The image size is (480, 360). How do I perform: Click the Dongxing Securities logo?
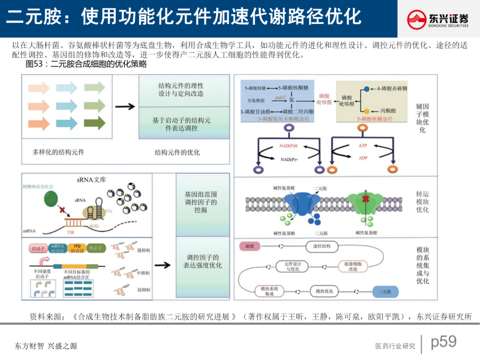coord(438,20)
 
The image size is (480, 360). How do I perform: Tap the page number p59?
coord(444,341)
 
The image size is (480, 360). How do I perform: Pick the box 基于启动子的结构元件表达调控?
coord(181,124)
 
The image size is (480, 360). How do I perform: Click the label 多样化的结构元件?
coord(58,152)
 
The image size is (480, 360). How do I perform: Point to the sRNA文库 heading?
coord(91,180)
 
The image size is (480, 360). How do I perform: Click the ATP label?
coord(363,146)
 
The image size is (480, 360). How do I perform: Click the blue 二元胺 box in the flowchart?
coord(385,292)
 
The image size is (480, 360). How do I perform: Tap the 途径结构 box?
coord(322,246)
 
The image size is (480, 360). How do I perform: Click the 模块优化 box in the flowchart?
coord(324,292)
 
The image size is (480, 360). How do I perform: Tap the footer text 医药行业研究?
coord(395,346)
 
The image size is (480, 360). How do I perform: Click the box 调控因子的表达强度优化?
coord(203,261)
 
